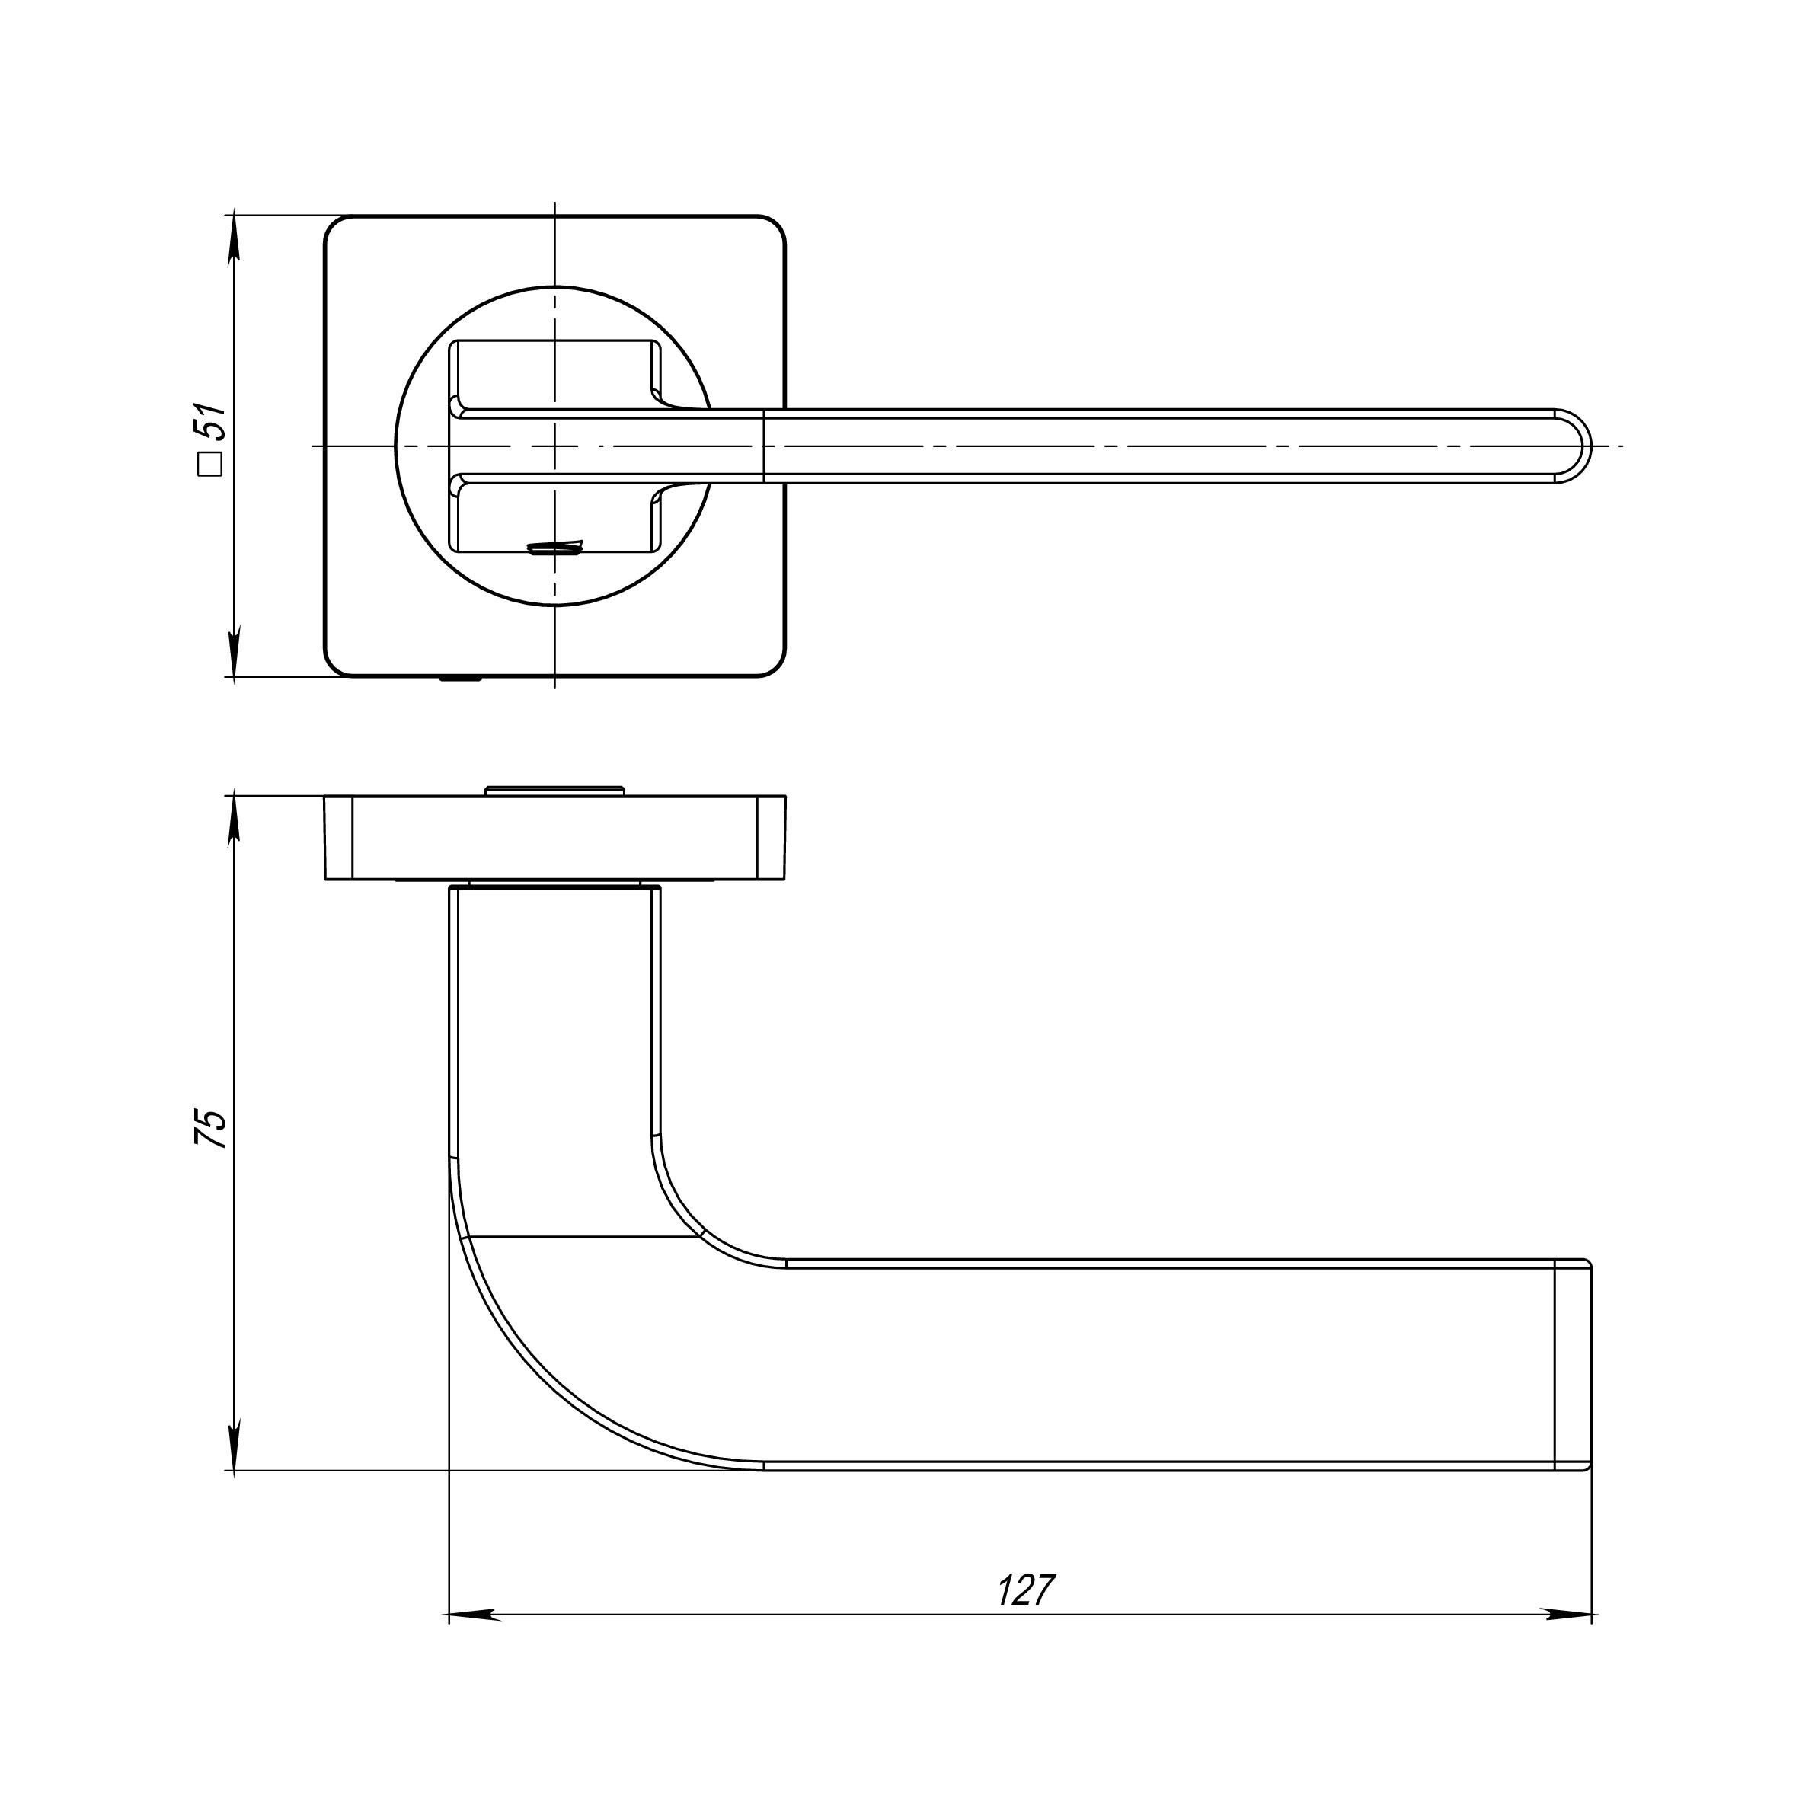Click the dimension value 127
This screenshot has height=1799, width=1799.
pos(1026,1590)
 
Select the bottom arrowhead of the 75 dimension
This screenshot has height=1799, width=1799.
pos(234,1444)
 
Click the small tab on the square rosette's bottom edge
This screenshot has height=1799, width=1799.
pos(461,679)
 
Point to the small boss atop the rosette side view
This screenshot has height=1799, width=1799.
pos(554,791)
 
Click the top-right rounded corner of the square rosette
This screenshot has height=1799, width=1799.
pos(774,228)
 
